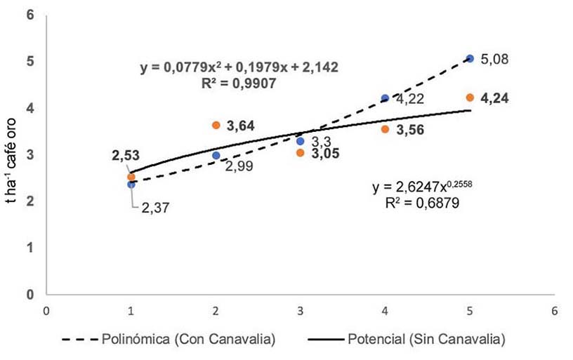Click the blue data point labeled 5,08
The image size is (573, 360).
pyautogui.click(x=470, y=58)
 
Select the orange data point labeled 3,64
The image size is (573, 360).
pyautogui.click(x=216, y=125)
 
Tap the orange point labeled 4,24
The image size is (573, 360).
pyautogui.click(x=470, y=98)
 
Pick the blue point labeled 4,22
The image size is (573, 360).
pyautogui.click(x=385, y=98)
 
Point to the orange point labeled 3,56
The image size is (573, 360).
pyautogui.click(x=385, y=129)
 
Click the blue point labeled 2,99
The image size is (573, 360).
pyautogui.click(x=216, y=155)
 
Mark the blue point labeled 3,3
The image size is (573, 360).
pyautogui.click(x=301, y=141)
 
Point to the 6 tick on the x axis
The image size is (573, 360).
pyautogui.click(x=554, y=309)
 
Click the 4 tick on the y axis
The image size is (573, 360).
pyautogui.click(x=31, y=108)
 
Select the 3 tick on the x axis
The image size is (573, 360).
pyautogui.click(x=301, y=309)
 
